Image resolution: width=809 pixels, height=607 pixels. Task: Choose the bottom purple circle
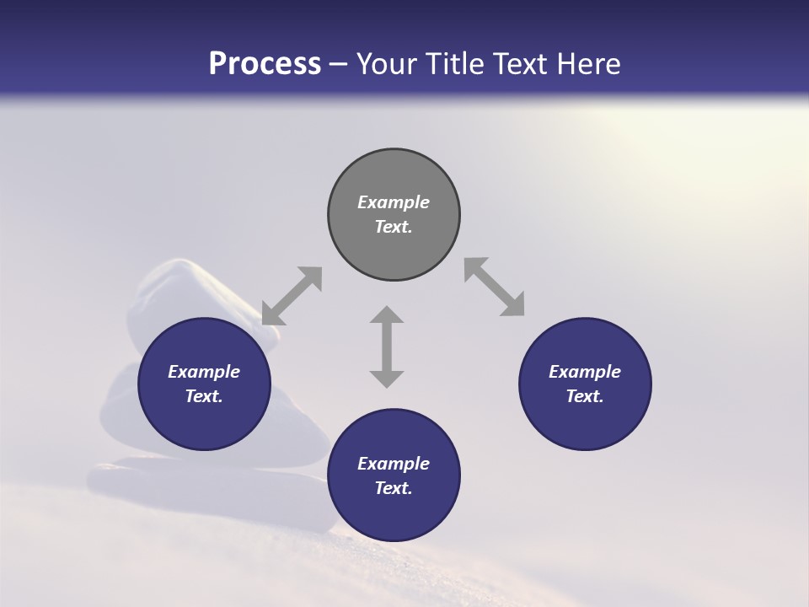pos(394,514)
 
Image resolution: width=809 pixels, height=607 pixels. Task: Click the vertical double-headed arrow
pos(387,346)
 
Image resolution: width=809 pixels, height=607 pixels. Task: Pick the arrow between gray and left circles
pos(292,296)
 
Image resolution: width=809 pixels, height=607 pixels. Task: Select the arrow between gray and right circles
pos(495,287)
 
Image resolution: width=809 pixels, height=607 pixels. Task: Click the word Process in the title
pos(265,64)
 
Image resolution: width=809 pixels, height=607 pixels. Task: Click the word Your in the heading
pos(387,64)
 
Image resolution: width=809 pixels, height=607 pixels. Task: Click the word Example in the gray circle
pos(394,202)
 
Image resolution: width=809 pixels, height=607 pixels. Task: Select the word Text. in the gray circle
pos(394,227)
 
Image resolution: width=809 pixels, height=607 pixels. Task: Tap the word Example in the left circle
pos(204,372)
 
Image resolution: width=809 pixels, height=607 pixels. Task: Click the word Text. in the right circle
pos(585,396)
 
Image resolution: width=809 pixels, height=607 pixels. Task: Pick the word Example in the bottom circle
pos(394,464)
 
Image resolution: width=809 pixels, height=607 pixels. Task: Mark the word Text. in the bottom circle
pos(394,488)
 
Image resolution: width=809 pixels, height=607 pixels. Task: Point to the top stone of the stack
pos(181,291)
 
